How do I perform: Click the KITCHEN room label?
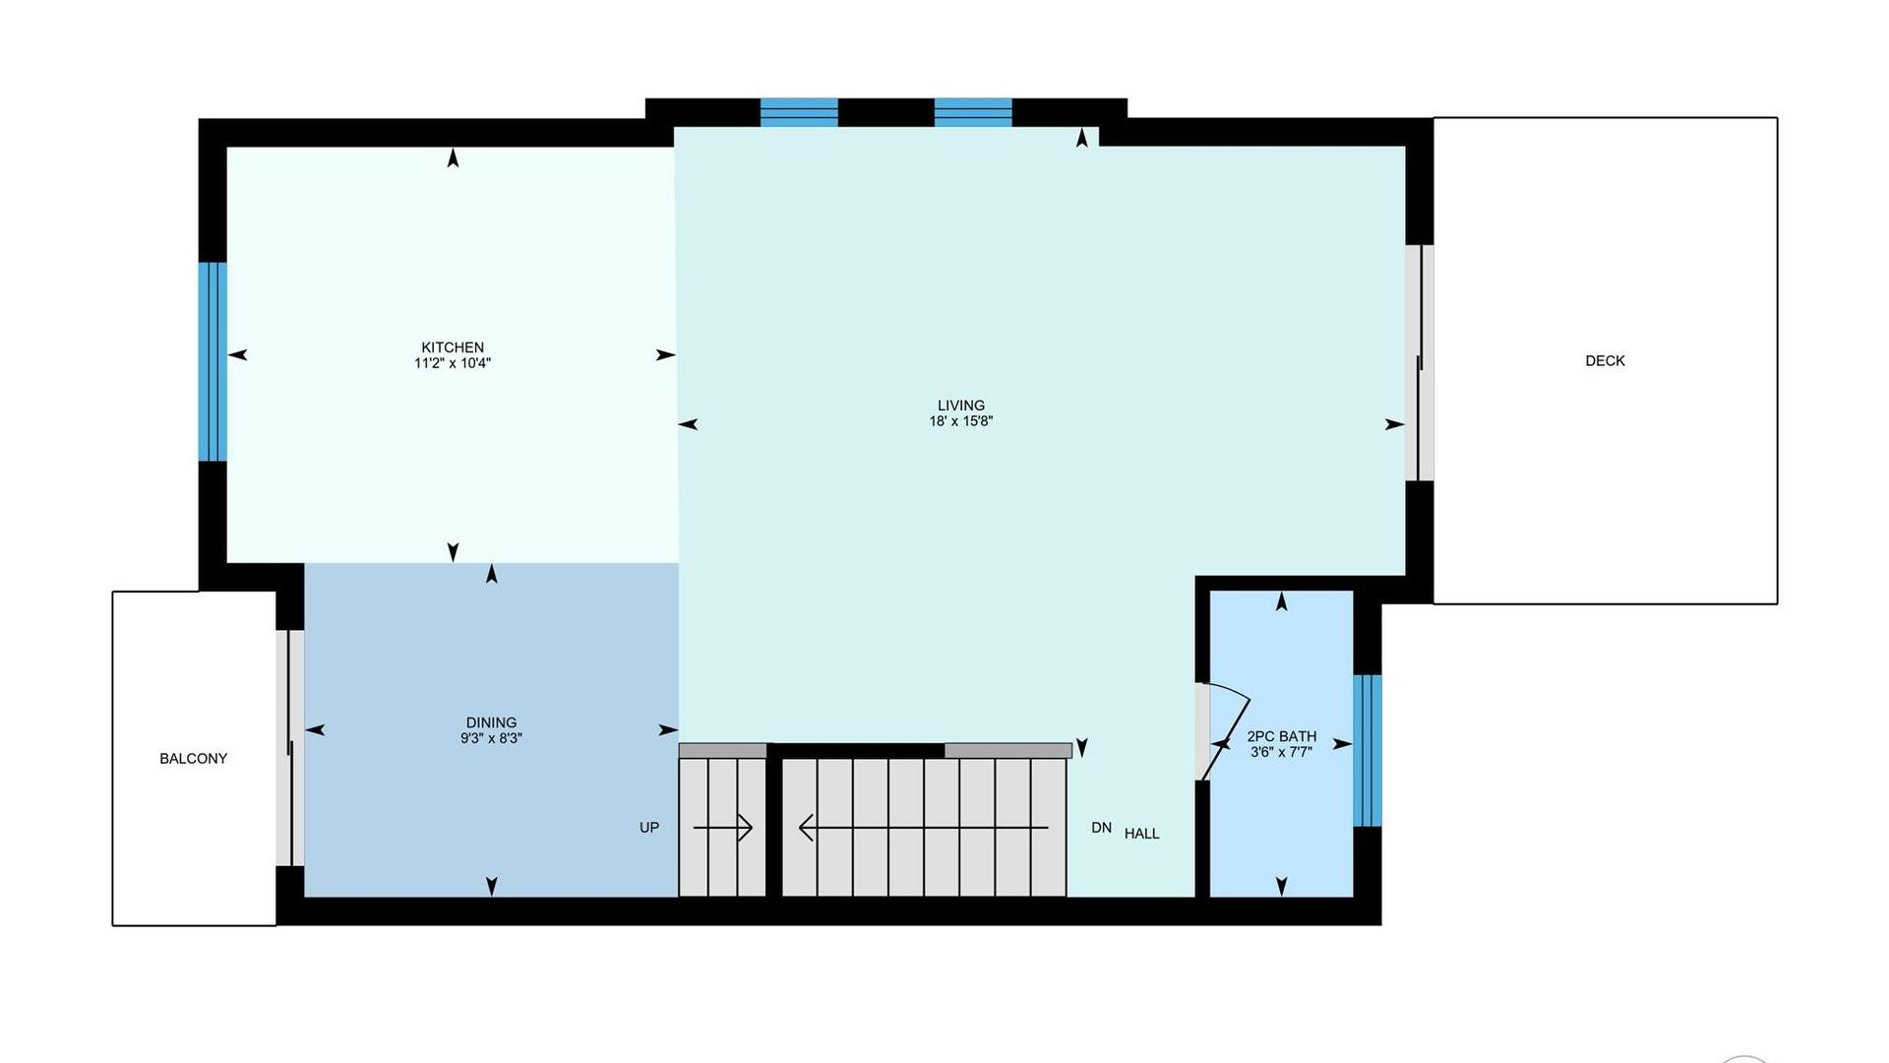click(453, 347)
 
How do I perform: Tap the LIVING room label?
click(961, 406)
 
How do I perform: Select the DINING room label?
click(491, 722)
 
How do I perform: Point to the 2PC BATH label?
click(1281, 736)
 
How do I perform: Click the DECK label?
click(1605, 361)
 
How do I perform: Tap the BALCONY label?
click(193, 759)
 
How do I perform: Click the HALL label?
click(1141, 834)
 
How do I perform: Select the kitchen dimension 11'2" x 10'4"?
click(453, 363)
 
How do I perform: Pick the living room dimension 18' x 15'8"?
click(961, 421)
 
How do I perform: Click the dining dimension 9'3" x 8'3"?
click(491, 738)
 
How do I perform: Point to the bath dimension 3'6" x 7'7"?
click(1281, 752)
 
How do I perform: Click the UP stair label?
click(649, 828)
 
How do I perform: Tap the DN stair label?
click(1102, 828)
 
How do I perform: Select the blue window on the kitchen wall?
click(213, 361)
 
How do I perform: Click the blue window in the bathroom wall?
click(1368, 750)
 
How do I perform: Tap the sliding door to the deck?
click(1419, 362)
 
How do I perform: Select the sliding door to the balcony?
click(290, 748)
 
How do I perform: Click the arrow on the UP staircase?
click(723, 828)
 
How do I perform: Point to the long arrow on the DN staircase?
click(923, 828)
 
